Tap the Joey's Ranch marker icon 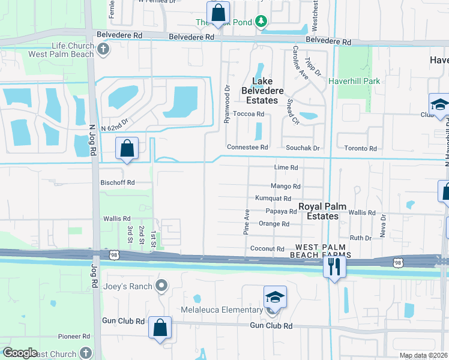point(161,286)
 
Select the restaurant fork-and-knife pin point(334,266)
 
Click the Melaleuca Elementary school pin point(274,297)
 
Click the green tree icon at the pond point(261,22)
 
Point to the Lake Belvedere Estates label point(262,91)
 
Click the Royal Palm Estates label point(323,211)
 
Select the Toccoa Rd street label point(249,114)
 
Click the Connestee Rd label point(247,147)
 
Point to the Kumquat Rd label point(273,199)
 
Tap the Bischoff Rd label point(118,182)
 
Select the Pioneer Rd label point(74,337)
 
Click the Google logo point(20,353)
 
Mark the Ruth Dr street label point(361,238)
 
